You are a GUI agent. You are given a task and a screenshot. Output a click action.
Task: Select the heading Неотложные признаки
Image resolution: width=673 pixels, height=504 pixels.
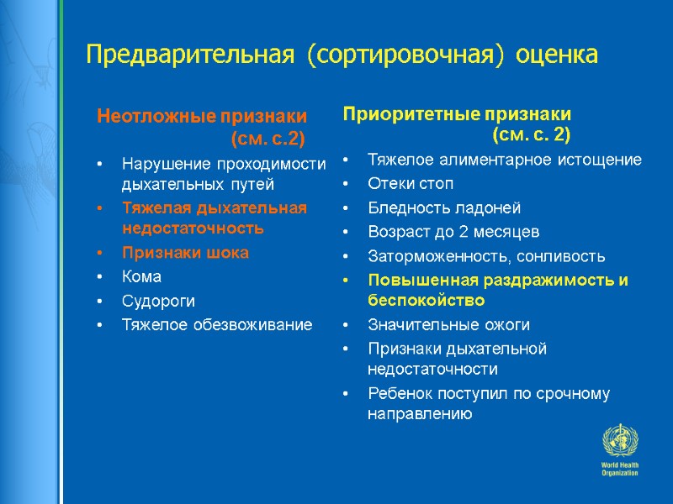[202, 115]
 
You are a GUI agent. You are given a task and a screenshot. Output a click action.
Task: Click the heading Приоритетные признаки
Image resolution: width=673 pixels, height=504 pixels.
[457, 113]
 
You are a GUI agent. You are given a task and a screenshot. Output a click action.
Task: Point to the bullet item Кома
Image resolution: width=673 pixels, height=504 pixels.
[141, 276]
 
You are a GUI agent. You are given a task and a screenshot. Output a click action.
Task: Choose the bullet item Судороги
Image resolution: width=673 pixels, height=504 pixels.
[153, 300]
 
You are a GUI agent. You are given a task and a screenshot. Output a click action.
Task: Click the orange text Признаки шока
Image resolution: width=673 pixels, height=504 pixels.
[185, 252]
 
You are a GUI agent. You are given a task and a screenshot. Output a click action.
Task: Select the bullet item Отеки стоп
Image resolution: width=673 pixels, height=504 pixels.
[411, 183]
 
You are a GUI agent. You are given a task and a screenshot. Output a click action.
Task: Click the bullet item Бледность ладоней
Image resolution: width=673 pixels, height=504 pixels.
[444, 207]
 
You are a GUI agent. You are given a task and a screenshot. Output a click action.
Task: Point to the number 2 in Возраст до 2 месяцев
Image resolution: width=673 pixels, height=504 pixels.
[461, 232]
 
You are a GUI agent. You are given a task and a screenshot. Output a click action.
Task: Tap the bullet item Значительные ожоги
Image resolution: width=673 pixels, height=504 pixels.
[449, 324]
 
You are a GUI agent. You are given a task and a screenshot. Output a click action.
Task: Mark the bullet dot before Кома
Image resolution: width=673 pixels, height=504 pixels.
[100, 277]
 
